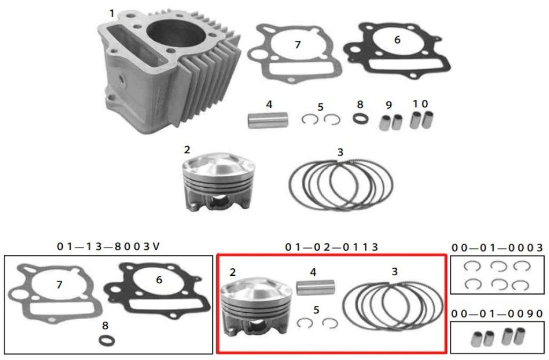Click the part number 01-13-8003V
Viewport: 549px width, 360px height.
click(108, 246)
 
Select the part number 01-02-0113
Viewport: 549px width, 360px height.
click(331, 247)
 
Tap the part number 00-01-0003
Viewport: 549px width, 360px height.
click(497, 248)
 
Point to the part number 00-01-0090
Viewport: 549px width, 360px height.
click(497, 313)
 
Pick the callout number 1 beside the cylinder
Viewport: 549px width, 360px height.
click(112, 13)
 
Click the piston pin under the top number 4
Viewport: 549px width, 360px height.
click(268, 120)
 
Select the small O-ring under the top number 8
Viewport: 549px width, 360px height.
click(360, 119)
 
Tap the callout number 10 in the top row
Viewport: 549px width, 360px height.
click(420, 104)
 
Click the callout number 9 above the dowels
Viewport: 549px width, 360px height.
click(389, 105)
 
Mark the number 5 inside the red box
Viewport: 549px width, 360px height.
click(316, 310)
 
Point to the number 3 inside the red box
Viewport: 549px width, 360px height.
click(395, 271)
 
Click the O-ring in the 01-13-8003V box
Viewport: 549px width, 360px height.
click(107, 340)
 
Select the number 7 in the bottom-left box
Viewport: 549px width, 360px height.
click(59, 285)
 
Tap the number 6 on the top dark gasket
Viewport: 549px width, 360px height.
click(397, 40)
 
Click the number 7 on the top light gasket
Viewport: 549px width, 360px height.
click(298, 45)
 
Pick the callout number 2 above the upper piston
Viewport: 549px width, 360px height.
click(187, 150)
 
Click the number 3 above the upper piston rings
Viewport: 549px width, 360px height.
click(340, 152)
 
